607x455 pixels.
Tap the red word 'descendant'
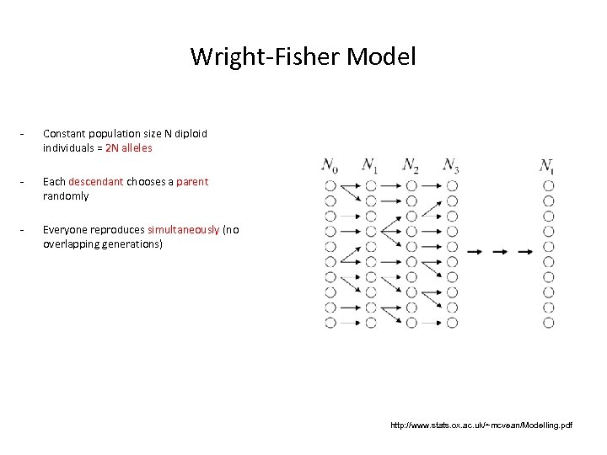tap(95, 181)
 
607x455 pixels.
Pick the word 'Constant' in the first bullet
tap(62, 133)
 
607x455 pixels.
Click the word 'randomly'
tap(66, 195)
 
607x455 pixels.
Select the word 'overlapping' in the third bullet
tap(72, 244)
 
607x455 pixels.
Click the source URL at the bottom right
tap(481, 426)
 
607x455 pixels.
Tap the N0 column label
tap(330, 165)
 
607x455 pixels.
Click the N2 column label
tap(411, 165)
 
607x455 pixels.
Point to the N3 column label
tap(451, 165)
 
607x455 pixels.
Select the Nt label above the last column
tap(548, 165)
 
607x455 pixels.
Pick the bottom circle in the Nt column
tap(549, 322)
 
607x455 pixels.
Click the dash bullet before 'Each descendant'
tap(24, 181)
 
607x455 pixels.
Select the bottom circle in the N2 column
tap(411, 322)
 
